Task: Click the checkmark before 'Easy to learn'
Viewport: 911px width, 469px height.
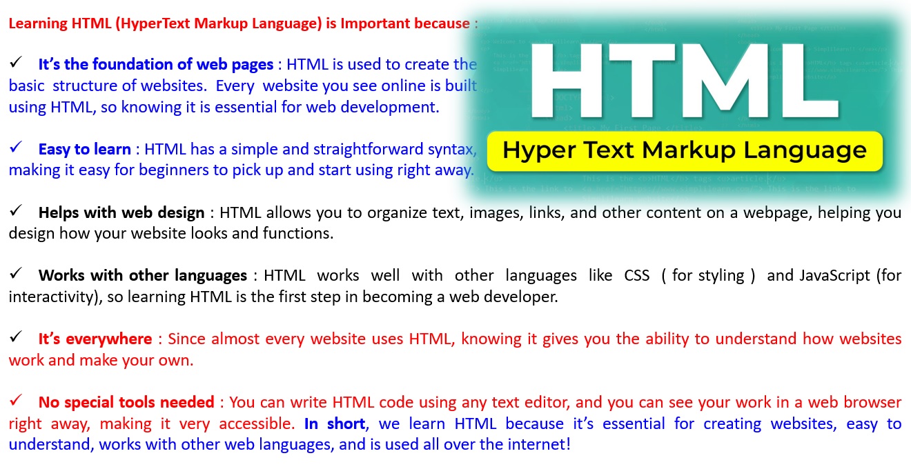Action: (x=16, y=147)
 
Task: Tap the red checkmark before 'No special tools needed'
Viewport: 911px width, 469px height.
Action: (x=16, y=400)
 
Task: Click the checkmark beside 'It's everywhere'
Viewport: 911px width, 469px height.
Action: (x=16, y=337)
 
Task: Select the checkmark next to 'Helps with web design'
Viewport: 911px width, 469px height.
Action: (x=16, y=210)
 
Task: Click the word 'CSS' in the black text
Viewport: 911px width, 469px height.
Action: (x=637, y=276)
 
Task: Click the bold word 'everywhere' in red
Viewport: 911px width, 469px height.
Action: (x=108, y=339)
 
